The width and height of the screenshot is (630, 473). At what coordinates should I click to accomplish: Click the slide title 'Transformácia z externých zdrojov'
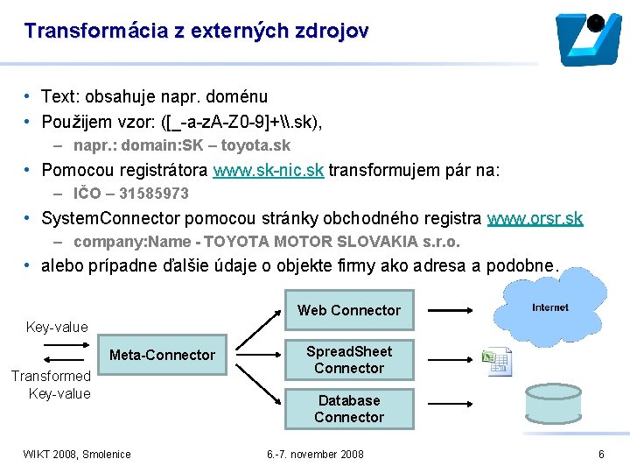[x=197, y=31]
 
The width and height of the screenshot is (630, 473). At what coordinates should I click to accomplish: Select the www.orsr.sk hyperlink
[x=535, y=218]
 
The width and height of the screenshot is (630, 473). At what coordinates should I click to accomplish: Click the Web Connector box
[x=348, y=310]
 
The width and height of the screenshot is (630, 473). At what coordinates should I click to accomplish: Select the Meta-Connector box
[x=161, y=355]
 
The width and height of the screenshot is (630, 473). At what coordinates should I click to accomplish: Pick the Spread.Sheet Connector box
[x=348, y=359]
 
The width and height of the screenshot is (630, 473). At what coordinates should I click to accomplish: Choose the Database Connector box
[x=348, y=408]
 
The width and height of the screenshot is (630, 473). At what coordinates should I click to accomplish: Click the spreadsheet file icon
[x=497, y=360]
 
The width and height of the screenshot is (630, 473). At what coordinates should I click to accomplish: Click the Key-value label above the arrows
[x=57, y=327]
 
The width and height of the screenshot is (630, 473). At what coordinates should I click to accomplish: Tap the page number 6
[x=601, y=454]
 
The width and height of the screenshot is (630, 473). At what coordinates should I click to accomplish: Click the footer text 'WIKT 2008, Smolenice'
[x=77, y=454]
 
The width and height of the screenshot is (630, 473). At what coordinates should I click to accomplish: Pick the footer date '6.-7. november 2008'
[x=315, y=454]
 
